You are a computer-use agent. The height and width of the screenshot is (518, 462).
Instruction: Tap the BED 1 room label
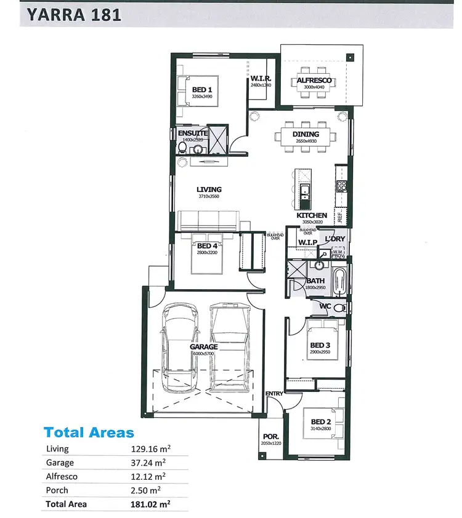tap(200, 90)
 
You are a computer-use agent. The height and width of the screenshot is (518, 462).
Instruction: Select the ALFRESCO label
tap(314, 81)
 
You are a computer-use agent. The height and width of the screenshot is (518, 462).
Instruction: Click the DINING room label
tap(306, 134)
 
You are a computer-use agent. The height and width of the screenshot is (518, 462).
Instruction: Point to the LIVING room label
tap(209, 189)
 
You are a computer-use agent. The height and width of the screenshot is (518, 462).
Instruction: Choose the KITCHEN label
tap(312, 215)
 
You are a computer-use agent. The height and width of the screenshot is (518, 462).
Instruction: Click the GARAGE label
tap(204, 347)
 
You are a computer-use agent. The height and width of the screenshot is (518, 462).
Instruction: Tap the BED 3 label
tap(321, 345)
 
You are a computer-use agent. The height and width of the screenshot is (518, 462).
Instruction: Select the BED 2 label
tap(322, 421)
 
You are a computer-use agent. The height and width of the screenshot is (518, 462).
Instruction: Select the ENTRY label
tap(274, 393)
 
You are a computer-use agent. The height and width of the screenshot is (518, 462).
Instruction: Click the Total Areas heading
tap(89, 432)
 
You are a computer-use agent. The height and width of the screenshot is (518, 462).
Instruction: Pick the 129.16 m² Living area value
tap(146, 449)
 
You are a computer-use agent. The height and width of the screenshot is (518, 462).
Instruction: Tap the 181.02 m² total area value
tap(147, 504)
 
